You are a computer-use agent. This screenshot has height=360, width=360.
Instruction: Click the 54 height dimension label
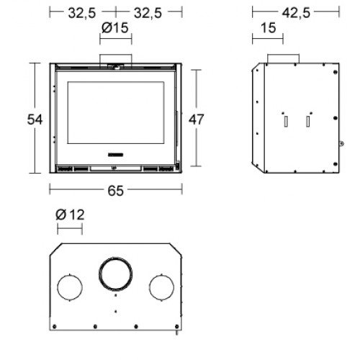click(35, 120)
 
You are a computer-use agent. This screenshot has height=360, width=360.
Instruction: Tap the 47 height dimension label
click(197, 120)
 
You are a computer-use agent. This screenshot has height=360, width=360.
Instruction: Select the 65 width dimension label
click(115, 191)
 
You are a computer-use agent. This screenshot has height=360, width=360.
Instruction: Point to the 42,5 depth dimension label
click(296, 13)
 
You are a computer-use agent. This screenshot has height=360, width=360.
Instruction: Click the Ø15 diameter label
click(115, 28)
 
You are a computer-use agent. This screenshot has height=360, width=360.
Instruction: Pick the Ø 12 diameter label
click(70, 215)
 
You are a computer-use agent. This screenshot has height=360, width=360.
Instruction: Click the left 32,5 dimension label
click(82, 13)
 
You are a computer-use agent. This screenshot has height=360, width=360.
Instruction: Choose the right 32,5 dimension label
click(148, 13)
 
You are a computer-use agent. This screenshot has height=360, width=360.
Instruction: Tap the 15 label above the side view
click(269, 28)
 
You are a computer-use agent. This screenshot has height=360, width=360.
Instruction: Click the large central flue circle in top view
click(115, 258)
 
